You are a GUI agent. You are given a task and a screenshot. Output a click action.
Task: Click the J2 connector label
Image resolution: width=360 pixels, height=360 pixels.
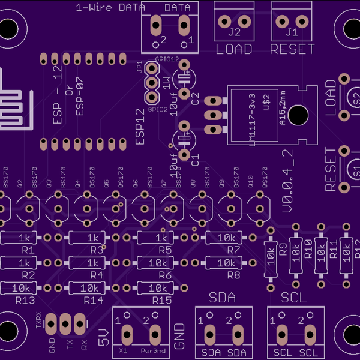(x=234, y=32)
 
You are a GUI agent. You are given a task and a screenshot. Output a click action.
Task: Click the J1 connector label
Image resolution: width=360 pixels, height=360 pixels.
(x=292, y=32)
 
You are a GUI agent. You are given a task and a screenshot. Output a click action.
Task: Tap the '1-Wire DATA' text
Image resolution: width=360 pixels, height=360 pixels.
(x=111, y=8)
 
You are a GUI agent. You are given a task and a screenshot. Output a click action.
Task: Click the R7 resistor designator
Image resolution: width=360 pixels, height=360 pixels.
(x=233, y=250)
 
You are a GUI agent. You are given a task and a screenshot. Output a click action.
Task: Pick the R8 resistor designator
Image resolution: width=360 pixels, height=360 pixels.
(x=233, y=275)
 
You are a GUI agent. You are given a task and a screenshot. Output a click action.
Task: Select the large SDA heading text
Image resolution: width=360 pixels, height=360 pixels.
(x=222, y=298)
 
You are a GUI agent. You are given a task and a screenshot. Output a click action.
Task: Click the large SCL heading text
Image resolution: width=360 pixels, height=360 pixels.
(x=294, y=298)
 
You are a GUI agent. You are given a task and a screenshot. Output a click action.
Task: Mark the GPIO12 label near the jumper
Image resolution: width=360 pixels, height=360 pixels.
(x=167, y=59)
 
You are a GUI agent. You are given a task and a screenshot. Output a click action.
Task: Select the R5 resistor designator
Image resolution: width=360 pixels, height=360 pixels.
(x=166, y=250)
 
